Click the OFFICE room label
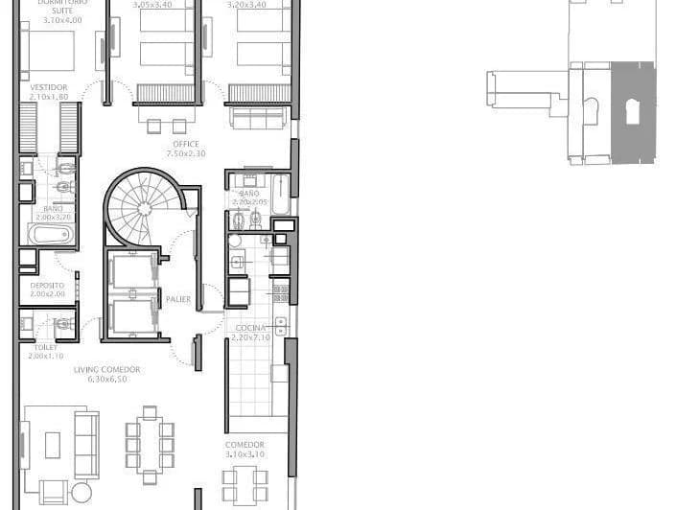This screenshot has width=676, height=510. [x=186, y=144]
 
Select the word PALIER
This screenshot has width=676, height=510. [x=177, y=299]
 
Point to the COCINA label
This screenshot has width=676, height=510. [x=250, y=328]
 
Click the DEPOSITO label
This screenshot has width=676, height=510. [x=46, y=285]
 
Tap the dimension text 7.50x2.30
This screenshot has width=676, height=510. [x=186, y=153]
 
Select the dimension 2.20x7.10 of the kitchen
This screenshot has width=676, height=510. [x=250, y=337]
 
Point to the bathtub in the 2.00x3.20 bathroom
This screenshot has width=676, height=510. [x=48, y=235]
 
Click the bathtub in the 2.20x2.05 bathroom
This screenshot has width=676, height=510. [x=280, y=194]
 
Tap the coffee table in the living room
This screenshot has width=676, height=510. [x=52, y=444]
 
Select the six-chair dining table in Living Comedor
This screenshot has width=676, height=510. [x=150, y=444]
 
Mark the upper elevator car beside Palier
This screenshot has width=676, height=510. [x=131, y=270]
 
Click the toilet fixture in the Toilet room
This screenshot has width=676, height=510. [x=63, y=325]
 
